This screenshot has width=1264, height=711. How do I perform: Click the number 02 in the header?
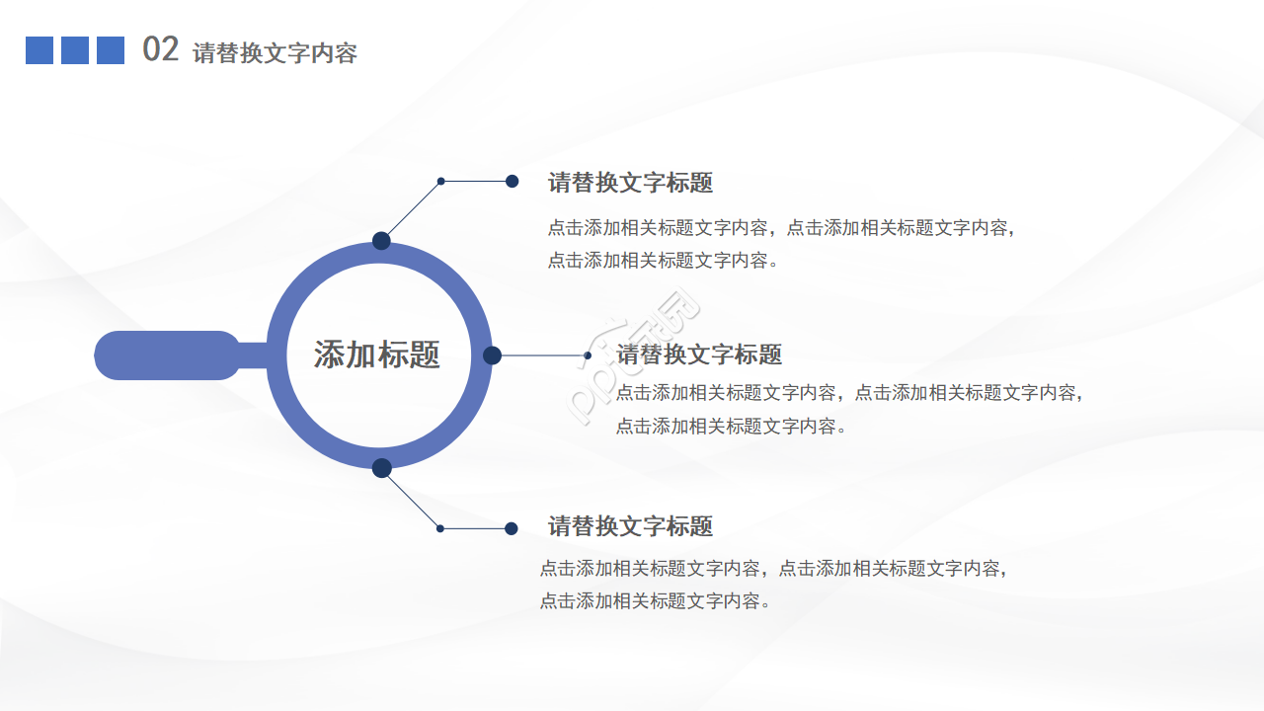(x=160, y=49)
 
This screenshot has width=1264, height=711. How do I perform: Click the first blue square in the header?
(x=39, y=50)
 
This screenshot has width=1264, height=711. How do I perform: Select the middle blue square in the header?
(x=75, y=50)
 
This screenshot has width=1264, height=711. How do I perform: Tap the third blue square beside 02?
(x=111, y=50)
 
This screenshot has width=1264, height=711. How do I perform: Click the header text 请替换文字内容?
(x=275, y=53)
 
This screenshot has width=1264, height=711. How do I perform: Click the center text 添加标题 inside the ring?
(x=377, y=355)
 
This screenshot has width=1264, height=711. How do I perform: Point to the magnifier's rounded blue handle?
(x=168, y=355)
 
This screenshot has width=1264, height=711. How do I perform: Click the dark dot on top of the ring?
(x=381, y=241)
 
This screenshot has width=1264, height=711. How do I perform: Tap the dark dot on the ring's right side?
(x=492, y=355)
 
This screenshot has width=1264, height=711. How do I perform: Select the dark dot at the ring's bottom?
(x=382, y=468)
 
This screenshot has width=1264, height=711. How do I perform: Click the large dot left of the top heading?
(x=513, y=181)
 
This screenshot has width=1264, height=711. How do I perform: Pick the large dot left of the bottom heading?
(x=512, y=528)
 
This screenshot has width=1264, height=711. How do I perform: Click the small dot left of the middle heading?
(x=588, y=355)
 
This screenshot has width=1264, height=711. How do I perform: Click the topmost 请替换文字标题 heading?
(x=630, y=183)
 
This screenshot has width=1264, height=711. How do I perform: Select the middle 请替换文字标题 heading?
(x=699, y=355)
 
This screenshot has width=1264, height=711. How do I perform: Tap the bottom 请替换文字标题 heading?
(x=630, y=526)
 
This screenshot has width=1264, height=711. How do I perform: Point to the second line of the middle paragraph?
(x=732, y=427)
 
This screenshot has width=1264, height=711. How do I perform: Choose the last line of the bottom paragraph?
(x=655, y=600)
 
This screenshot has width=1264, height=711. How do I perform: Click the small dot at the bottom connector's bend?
(x=440, y=528)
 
